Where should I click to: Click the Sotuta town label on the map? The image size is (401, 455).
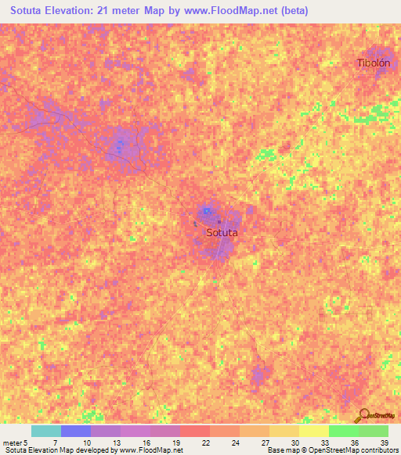222,232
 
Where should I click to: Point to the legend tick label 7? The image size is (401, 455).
55,443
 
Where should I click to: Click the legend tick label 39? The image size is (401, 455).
384,443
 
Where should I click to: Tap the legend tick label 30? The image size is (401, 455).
294,443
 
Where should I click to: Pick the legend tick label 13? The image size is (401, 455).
114,443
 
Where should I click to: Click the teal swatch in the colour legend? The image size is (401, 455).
46,431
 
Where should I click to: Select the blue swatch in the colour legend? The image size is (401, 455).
76,431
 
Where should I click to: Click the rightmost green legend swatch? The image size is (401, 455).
374,431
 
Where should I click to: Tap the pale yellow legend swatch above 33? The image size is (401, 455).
314,431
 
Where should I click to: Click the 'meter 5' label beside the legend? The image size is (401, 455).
14,443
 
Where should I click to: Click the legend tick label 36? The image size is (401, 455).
354,443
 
